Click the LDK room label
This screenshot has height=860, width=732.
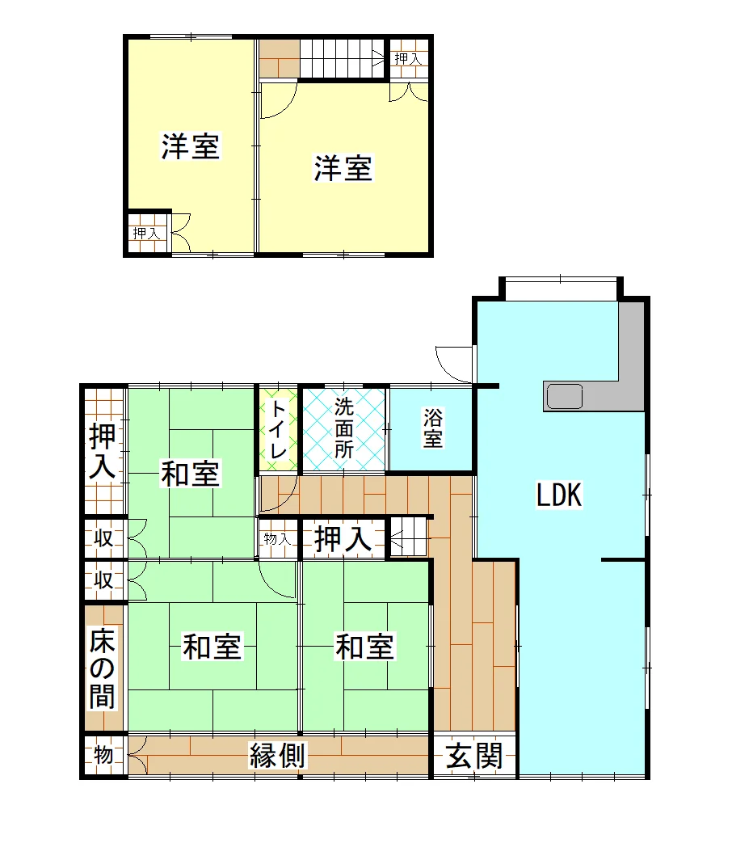coord(559,495)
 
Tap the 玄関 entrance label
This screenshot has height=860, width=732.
coord(474,757)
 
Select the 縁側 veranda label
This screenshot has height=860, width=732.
coord(277,756)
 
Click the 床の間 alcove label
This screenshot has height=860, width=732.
coord(103,668)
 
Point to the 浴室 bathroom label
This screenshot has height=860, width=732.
coord(432,428)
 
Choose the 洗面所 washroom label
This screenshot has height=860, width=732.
coord(344,428)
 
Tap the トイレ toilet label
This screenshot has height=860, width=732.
coord(278,429)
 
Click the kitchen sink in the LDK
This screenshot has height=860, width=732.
coord(564,396)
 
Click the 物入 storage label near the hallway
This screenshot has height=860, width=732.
coord(277,539)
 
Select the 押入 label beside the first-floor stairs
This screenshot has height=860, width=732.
coord(343,538)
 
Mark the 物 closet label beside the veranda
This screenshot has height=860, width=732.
coord(103,755)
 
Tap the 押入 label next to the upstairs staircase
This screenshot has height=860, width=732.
coord(409,58)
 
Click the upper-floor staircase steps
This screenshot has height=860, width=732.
coord(342,59)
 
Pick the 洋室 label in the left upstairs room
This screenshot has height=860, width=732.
coord(190,146)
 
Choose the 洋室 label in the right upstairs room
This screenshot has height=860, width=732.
coord(343,168)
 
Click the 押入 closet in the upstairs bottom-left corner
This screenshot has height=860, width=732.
coord(147,233)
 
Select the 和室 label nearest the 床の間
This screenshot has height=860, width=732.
coord(212,647)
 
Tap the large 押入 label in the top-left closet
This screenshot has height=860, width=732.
coord(103,451)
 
